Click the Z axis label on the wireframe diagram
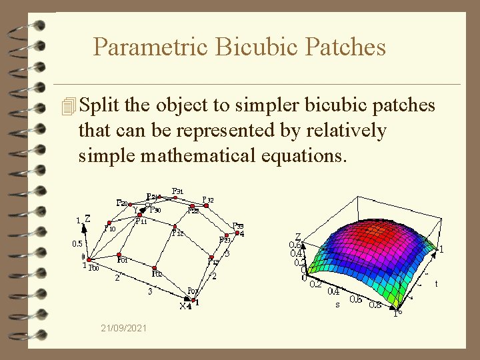[x=87, y=218]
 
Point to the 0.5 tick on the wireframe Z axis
[x=77, y=244]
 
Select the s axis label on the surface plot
[x=337, y=305]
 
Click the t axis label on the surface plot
[x=437, y=283]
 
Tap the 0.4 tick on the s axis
[x=333, y=291]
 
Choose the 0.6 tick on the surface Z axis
[x=295, y=245]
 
